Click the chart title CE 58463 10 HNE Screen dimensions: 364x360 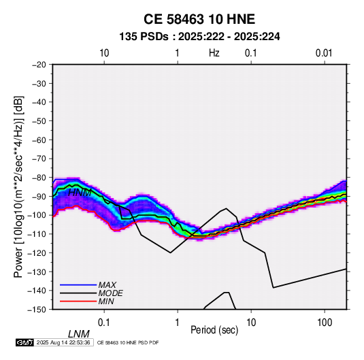click(x=199, y=19)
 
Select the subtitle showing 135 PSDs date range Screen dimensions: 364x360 click(x=199, y=37)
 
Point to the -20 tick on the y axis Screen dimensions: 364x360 click(x=39, y=65)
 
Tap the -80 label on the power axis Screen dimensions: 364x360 click(x=39, y=178)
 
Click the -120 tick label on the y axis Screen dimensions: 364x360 click(x=37, y=253)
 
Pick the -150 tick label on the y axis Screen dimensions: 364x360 click(x=37, y=310)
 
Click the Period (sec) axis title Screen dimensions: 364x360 click(x=214, y=330)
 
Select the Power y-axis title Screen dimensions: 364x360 click(x=18, y=186)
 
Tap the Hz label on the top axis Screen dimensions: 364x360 click(x=214, y=53)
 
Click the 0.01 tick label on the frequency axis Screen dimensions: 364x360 click(x=324, y=53)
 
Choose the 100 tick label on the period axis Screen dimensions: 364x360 click(x=325, y=323)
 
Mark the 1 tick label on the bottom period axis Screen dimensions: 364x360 click(x=178, y=323)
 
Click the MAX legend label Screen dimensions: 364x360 click(x=107, y=285)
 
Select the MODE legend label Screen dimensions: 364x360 click(x=110, y=293)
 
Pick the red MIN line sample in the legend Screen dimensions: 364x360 click(x=78, y=301)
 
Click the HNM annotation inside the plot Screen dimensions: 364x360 click(x=80, y=193)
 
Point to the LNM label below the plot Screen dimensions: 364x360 click(x=78, y=334)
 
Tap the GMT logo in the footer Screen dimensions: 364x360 click(x=24, y=342)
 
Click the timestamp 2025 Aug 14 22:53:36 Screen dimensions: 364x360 click(x=63, y=342)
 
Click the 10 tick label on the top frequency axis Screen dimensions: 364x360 click(x=104, y=53)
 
